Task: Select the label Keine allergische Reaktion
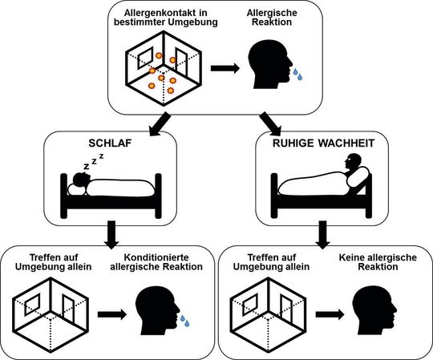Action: click(x=365, y=263)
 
